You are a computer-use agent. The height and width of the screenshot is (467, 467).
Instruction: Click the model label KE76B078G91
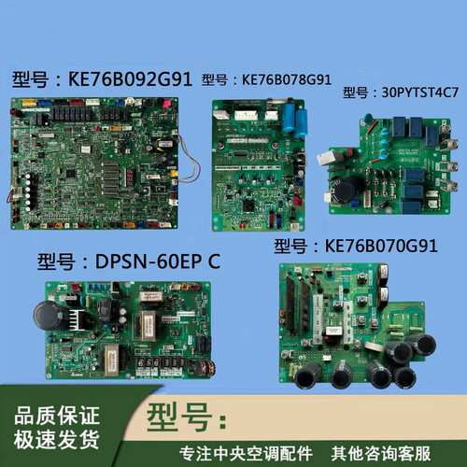pyautogui.click(x=284, y=80)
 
